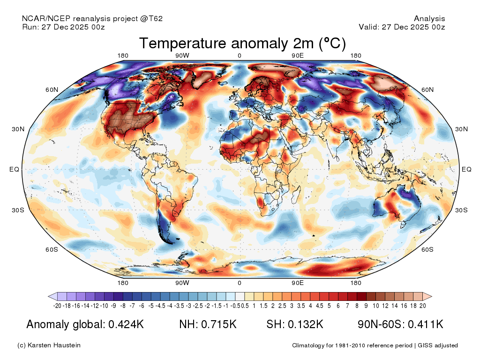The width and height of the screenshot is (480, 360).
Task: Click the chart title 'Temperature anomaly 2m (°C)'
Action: pos(242,44)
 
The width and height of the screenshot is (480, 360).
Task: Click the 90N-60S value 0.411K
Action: pos(424,324)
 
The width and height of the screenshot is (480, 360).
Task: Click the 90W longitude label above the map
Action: pos(182,56)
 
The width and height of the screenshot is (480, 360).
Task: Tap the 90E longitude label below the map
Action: pos(298,283)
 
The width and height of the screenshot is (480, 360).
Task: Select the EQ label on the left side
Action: pos(15,169)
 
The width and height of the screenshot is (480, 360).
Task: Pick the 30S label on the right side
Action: pos(462,210)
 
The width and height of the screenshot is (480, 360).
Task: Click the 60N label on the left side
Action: pos(52,90)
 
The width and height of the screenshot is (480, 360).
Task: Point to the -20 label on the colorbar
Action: pos(58,306)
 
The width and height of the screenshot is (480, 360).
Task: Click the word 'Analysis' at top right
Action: pos(429,19)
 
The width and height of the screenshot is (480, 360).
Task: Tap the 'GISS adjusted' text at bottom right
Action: pos(438,345)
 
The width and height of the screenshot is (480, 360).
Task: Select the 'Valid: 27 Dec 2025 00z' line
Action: pos(402,27)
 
